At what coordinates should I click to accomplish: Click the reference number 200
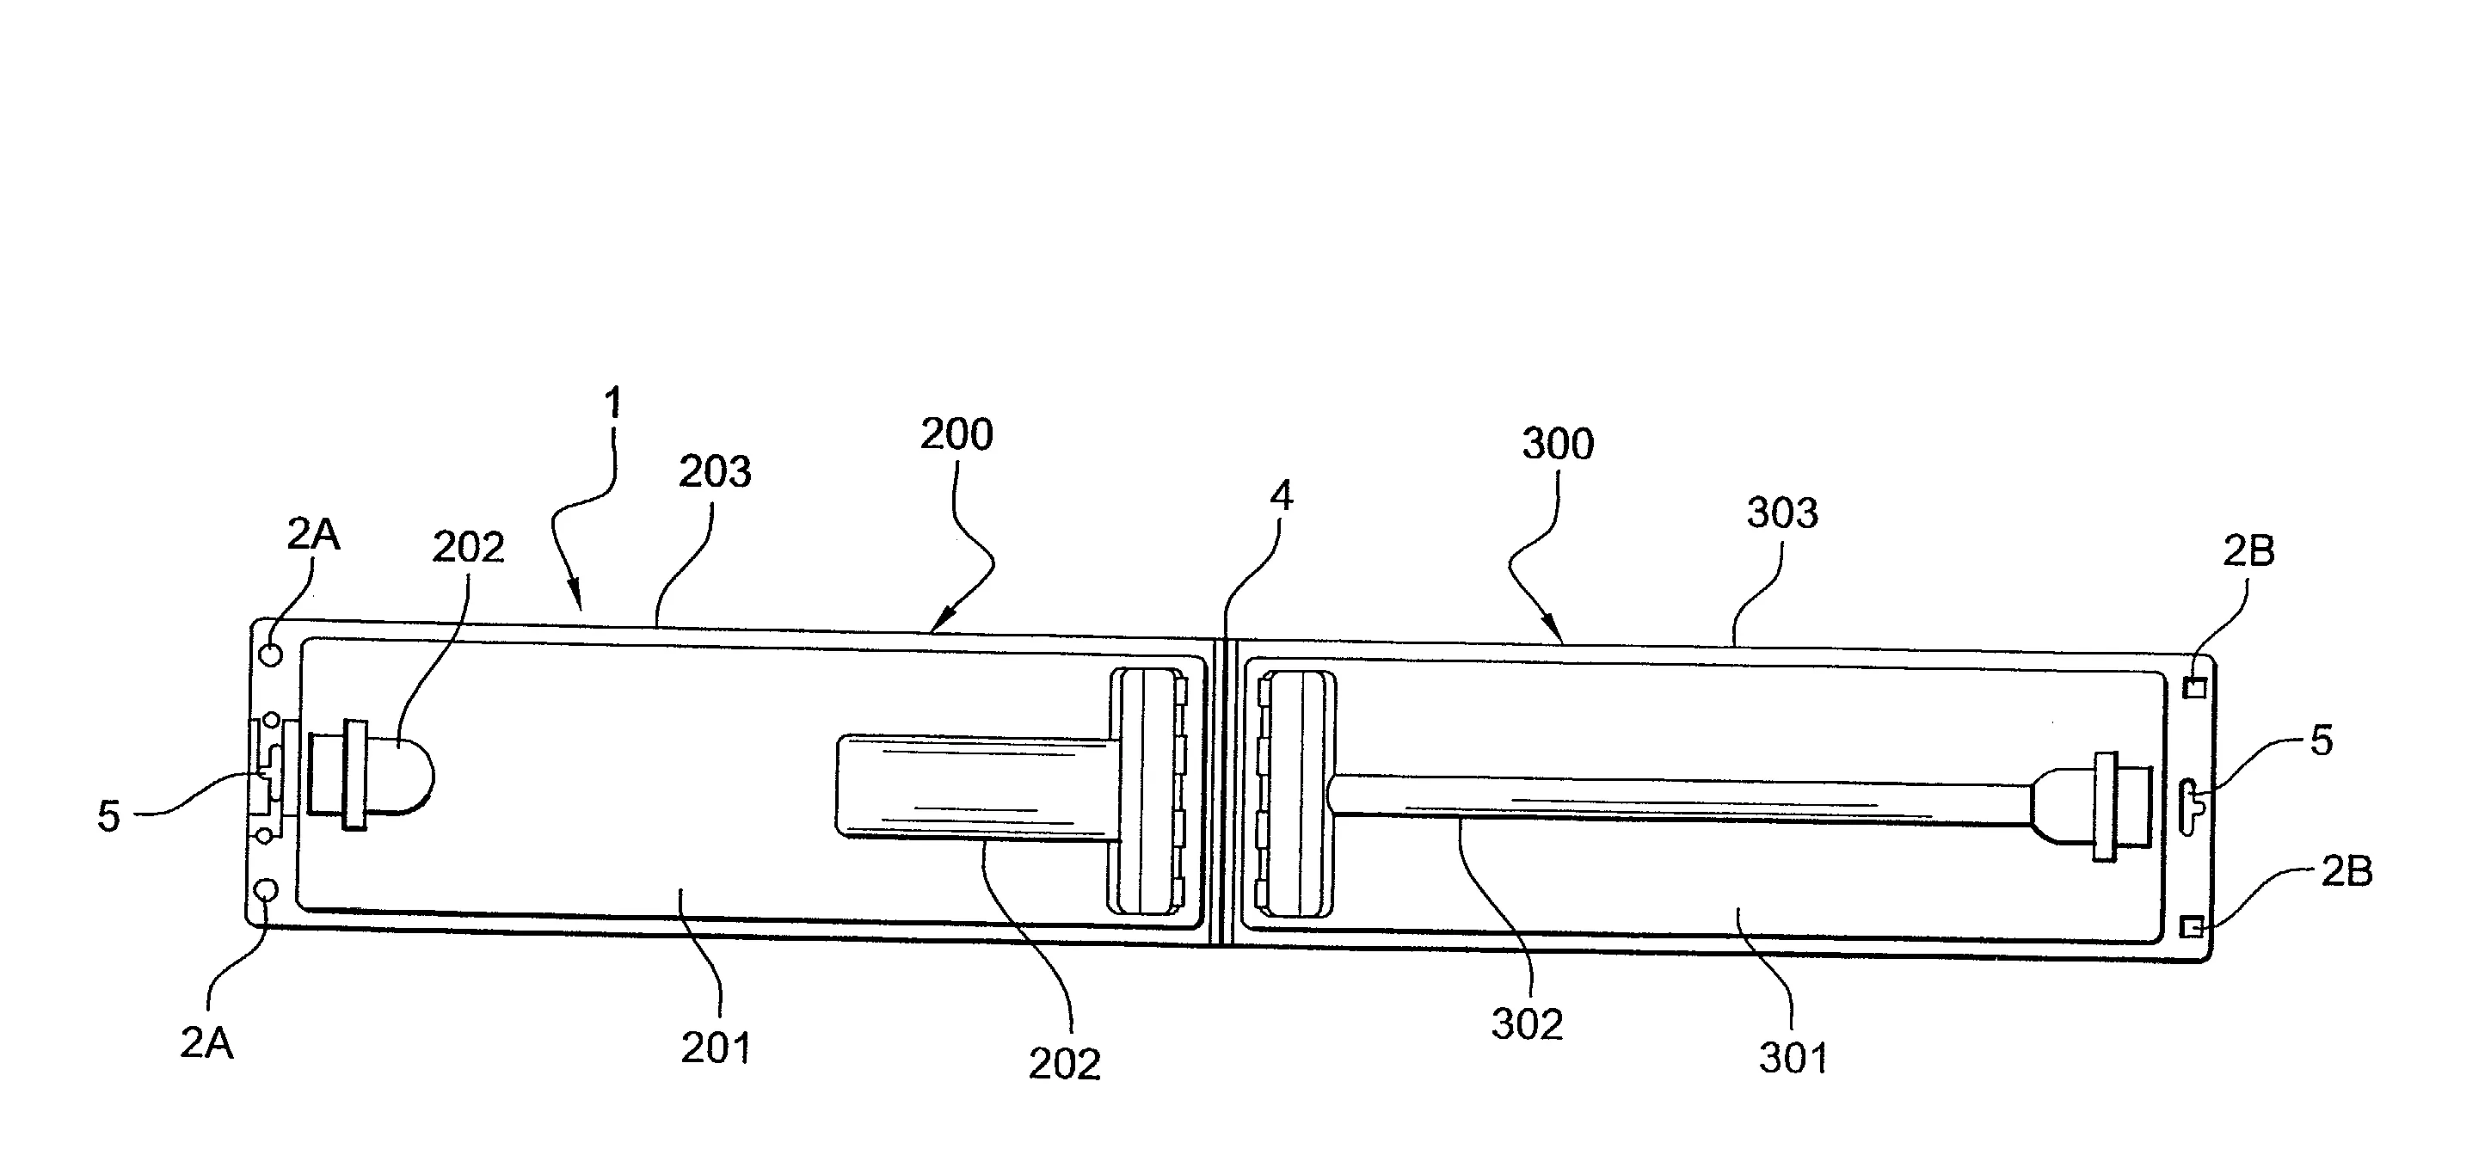pyautogui.click(x=956, y=435)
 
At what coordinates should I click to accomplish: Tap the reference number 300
pyautogui.click(x=1558, y=444)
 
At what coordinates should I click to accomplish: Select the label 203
pyautogui.click(x=715, y=472)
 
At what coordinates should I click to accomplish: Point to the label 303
pyautogui.click(x=1782, y=513)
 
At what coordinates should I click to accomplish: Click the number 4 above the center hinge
pyautogui.click(x=1282, y=496)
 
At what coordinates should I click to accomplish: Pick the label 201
pyautogui.click(x=716, y=1048)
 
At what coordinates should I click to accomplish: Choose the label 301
pyautogui.click(x=1793, y=1059)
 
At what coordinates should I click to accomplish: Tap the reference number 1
pyautogui.click(x=612, y=403)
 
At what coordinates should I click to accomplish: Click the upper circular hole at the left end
pyautogui.click(x=272, y=654)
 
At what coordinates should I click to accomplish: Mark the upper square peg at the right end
pyautogui.click(x=2195, y=688)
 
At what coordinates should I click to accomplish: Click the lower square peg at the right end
pyautogui.click(x=2193, y=927)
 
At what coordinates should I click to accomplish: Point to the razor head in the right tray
pyautogui.click(x=1295, y=795)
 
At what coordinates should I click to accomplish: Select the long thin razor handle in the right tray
pyautogui.click(x=1682, y=800)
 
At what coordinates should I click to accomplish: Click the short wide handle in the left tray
pyautogui.click(x=973, y=784)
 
